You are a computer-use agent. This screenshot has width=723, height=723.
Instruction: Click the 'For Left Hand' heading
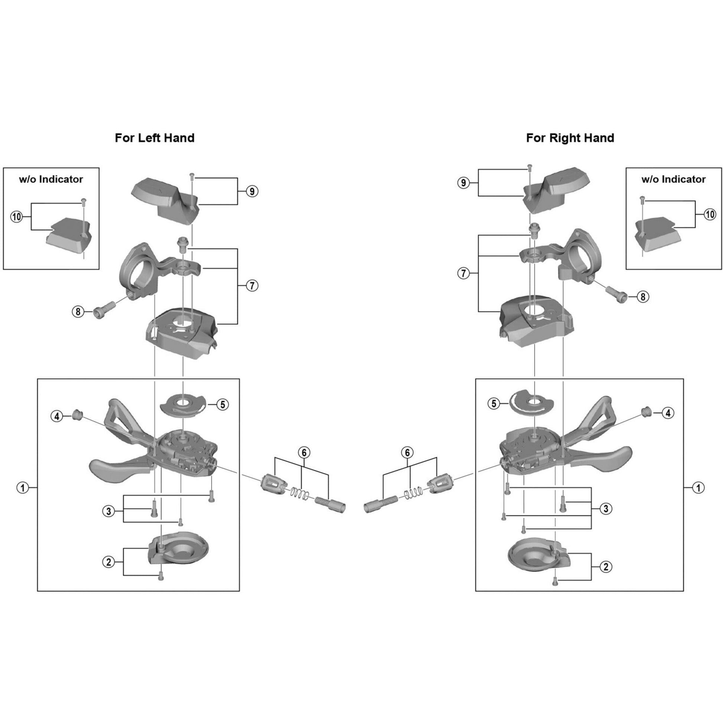point(155,138)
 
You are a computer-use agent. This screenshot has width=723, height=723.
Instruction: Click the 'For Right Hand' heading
point(570,138)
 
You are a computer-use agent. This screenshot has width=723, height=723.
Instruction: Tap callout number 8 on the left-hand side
point(78,312)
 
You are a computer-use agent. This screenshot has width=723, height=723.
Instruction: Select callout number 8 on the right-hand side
point(643,297)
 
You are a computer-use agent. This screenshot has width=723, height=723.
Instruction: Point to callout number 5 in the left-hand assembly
point(223,405)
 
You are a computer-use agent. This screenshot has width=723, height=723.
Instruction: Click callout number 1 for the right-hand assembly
point(698,488)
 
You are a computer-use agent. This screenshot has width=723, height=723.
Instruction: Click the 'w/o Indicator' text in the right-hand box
point(673,179)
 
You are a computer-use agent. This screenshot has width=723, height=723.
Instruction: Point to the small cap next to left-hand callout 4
point(76,414)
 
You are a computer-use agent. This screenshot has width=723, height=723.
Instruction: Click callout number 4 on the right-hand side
point(668,413)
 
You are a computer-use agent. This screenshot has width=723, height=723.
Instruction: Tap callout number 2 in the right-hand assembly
point(606,567)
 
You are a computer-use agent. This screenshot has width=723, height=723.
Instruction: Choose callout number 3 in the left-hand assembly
point(108,511)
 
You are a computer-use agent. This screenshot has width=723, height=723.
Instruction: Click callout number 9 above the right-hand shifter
point(464,183)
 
